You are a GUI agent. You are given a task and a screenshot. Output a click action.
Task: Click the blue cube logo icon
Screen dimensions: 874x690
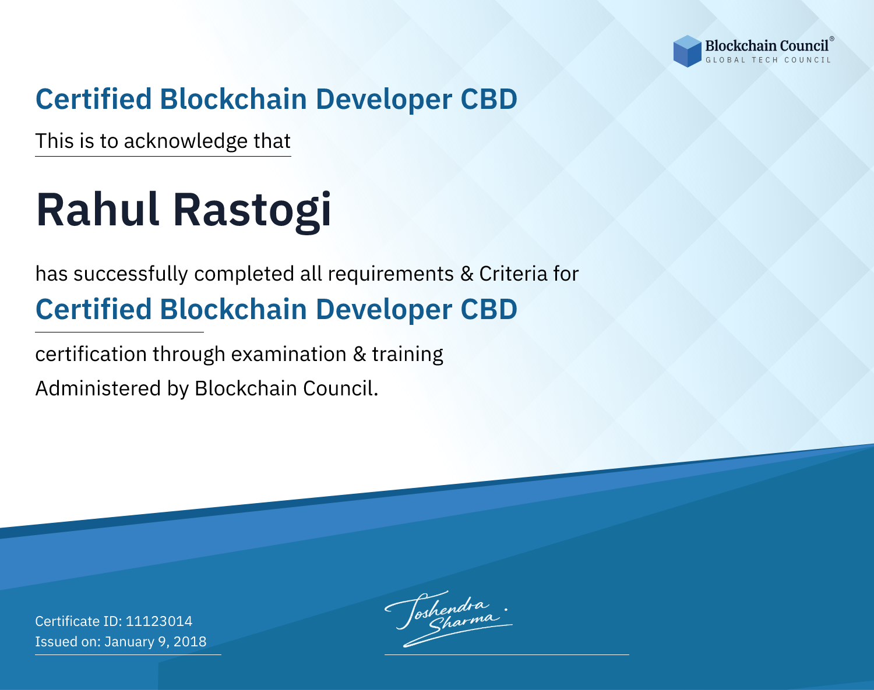coord(687,51)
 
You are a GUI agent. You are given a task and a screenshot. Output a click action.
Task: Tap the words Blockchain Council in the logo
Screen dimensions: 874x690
coord(767,46)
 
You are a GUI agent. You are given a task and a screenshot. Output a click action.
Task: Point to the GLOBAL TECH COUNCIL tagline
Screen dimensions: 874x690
coord(769,60)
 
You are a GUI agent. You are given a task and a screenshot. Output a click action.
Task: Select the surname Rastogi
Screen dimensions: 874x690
coord(252,212)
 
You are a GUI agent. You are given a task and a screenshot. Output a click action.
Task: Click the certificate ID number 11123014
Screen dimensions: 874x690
coord(159,621)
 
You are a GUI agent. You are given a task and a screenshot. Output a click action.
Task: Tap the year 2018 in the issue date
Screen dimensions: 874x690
coord(190,642)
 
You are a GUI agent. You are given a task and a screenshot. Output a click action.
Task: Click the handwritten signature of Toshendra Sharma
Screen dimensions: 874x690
coord(449,619)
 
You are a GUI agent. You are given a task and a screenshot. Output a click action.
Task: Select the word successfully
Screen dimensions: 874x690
coord(131,274)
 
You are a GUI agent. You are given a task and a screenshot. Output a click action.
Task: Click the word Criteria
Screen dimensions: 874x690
coord(513,274)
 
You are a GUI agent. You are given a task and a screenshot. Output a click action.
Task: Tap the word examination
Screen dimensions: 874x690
coord(289,354)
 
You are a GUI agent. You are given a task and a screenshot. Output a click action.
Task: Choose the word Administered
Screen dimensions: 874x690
coord(98,388)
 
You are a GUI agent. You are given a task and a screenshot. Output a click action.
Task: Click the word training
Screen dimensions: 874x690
coord(407,355)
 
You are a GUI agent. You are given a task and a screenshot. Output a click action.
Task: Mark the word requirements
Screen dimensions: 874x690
coord(391,275)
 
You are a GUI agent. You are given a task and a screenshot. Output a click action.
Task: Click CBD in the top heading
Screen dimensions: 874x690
coord(489,99)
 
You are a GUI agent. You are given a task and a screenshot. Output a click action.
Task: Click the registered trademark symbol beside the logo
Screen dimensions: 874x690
coord(832,38)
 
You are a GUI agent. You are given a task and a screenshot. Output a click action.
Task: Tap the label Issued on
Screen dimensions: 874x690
coord(68,642)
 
